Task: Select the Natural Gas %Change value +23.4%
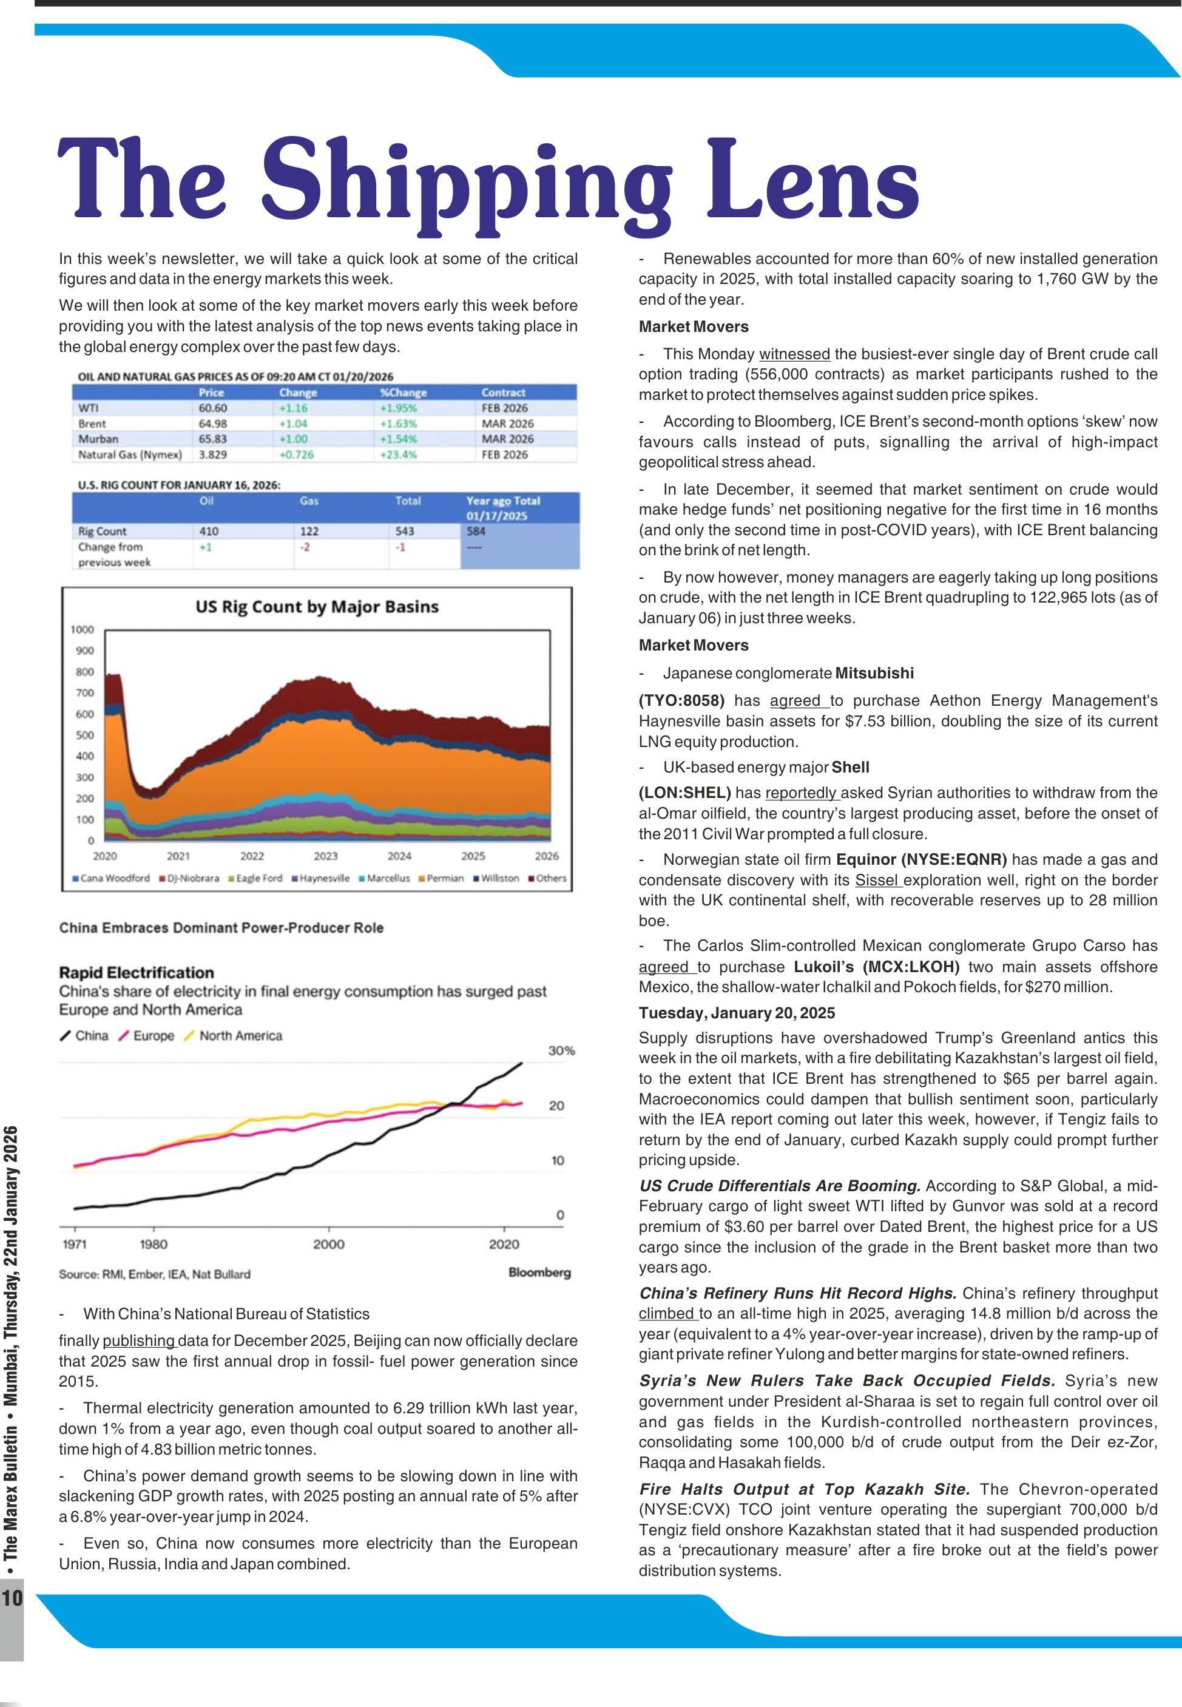pyautogui.click(x=399, y=455)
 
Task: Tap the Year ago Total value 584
pyautogui.click(x=476, y=531)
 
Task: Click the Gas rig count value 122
pyautogui.click(x=309, y=531)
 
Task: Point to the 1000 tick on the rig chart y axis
pyautogui.click(x=81, y=629)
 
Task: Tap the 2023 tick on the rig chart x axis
pyautogui.click(x=325, y=856)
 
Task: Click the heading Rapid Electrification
pyautogui.click(x=137, y=972)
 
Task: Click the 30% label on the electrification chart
pyautogui.click(x=561, y=1050)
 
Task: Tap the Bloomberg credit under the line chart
pyautogui.click(x=539, y=1273)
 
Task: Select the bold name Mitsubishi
pyautogui.click(x=874, y=673)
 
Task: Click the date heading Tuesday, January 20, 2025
pyautogui.click(x=736, y=1012)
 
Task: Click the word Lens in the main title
pyautogui.click(x=815, y=181)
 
